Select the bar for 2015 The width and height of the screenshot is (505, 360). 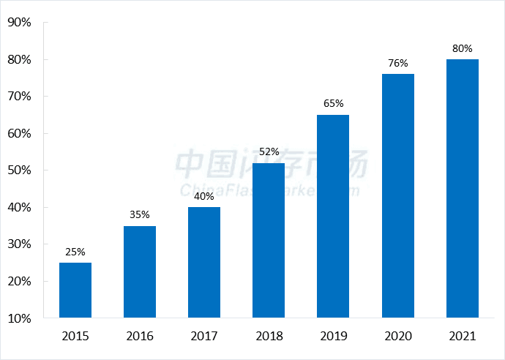75,290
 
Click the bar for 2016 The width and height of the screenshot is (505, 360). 140,272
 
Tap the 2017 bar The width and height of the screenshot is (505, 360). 204,263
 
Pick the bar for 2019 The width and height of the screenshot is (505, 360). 333,217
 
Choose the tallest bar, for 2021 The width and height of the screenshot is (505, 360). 462,189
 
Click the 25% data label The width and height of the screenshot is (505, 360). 75,252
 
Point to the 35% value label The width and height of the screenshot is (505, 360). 140,214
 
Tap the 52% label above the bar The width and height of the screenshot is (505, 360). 269,151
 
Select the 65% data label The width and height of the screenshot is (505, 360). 333,103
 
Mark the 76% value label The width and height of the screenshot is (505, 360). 397,63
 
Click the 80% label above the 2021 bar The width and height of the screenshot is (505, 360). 462,48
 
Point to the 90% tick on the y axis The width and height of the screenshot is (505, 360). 19,22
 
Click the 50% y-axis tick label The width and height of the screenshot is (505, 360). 19,170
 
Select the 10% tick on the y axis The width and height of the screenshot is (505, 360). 19,318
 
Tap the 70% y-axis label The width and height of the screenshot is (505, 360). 19,96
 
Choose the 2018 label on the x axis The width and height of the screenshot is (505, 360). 269,337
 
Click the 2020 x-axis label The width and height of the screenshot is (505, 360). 397,337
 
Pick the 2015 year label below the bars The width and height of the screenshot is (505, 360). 75,337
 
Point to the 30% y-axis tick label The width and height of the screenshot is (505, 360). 19,244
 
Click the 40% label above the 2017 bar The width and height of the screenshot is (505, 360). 204,196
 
